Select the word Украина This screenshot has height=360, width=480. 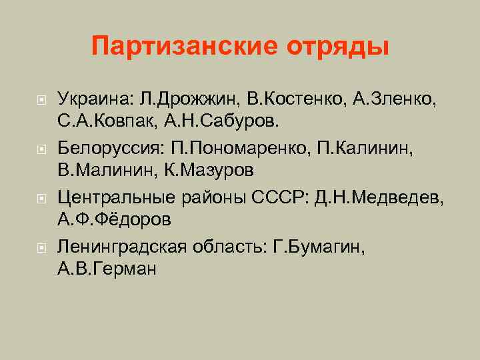(x=94, y=99)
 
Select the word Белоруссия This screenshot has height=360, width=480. (x=107, y=147)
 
